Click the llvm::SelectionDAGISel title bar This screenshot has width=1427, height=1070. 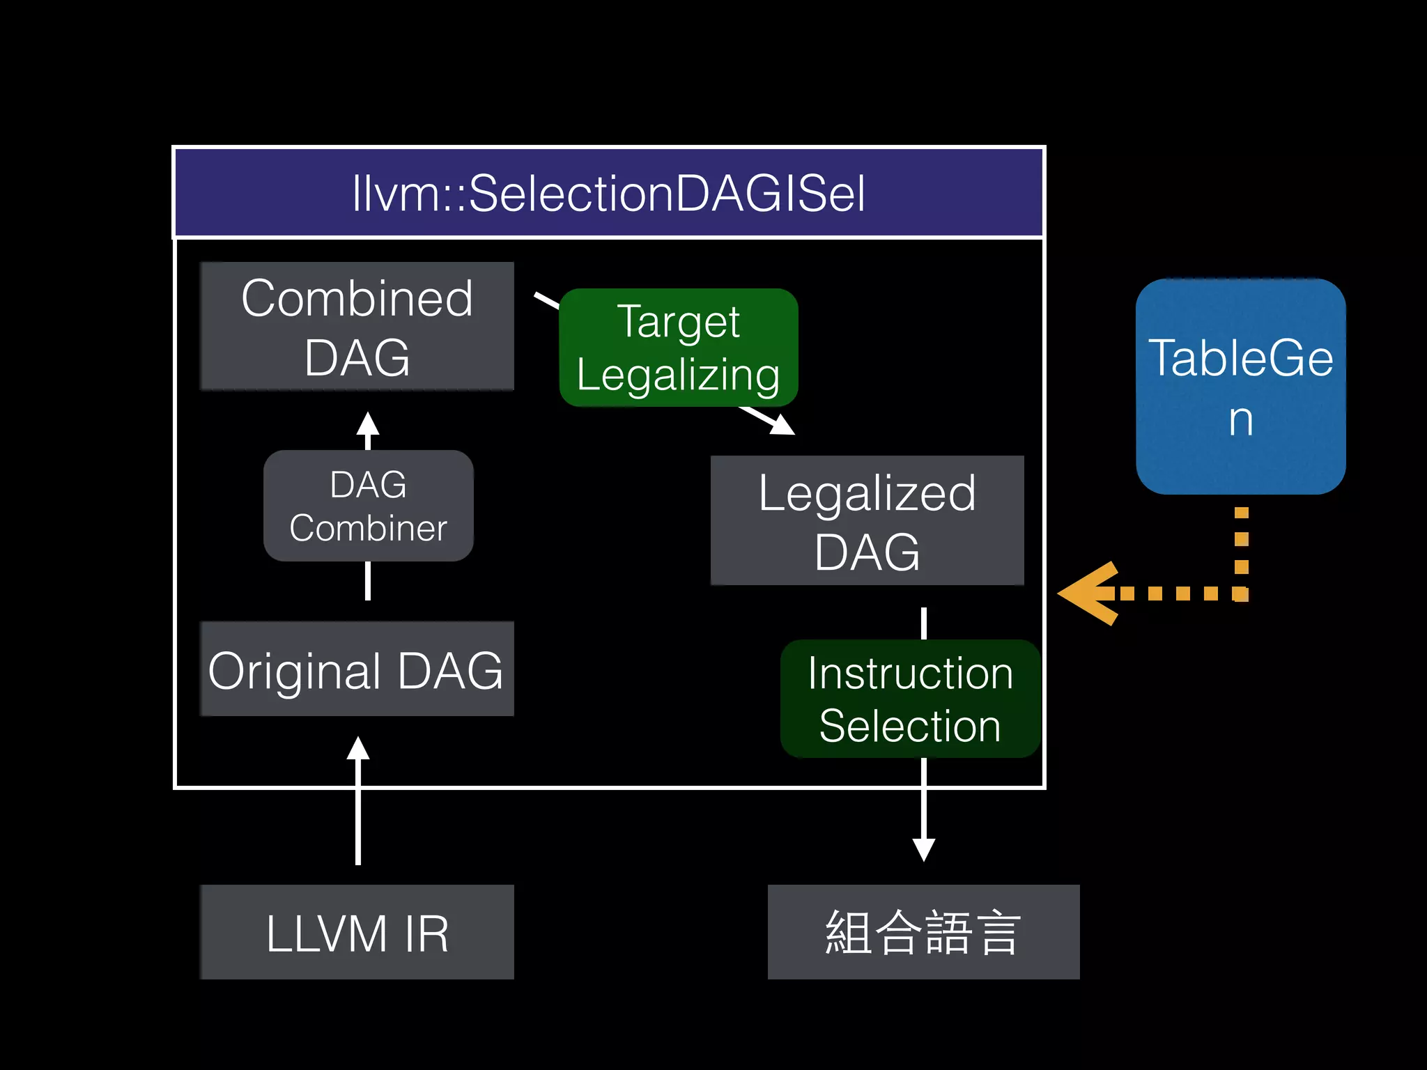click(608, 193)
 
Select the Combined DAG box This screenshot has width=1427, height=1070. click(357, 326)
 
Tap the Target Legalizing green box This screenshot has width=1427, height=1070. click(678, 348)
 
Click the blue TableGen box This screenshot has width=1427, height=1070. click(1240, 387)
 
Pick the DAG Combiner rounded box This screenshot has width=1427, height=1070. click(368, 506)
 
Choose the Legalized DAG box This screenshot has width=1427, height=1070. click(867, 520)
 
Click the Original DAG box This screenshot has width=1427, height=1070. click(357, 669)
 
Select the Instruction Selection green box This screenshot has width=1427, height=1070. click(910, 699)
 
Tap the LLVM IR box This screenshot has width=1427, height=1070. click(357, 932)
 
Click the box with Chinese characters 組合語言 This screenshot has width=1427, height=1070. click(923, 932)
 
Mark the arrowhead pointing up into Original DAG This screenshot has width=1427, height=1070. click(358, 749)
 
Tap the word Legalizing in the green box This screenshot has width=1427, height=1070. click(678, 375)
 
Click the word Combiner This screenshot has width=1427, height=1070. click(368, 528)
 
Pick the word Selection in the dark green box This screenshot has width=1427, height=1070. click(910, 726)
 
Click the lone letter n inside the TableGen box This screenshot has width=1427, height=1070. click(1240, 419)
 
